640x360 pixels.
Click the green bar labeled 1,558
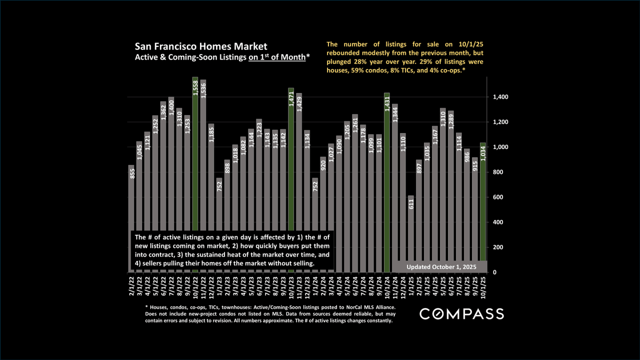click(195, 175)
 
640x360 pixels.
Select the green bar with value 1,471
click(291, 180)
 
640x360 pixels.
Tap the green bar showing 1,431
click(387, 182)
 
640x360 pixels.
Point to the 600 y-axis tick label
click(498, 197)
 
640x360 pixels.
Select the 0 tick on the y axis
click(494, 272)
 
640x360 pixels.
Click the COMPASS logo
click(461, 314)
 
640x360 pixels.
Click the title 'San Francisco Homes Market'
click(200, 47)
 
